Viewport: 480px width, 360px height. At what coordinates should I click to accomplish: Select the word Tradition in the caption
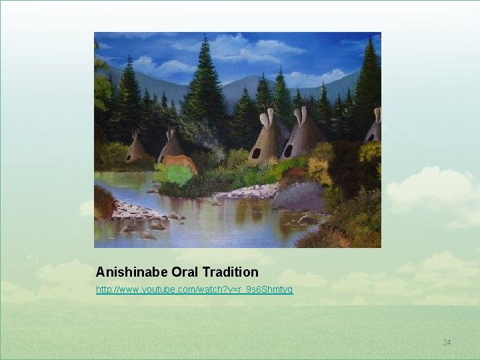(x=230, y=272)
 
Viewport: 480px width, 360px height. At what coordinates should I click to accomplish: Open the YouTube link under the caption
(x=194, y=290)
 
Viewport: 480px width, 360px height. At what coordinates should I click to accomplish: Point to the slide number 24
(x=447, y=343)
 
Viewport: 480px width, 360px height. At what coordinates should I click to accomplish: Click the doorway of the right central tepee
(x=288, y=151)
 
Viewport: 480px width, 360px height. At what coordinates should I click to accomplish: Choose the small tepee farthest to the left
(x=137, y=149)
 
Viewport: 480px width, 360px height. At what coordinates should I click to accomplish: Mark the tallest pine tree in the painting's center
(x=204, y=80)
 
